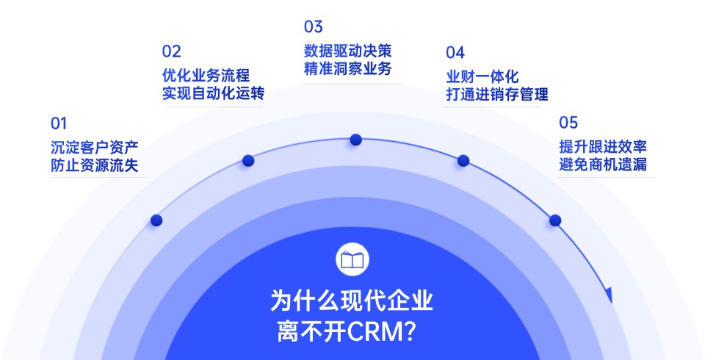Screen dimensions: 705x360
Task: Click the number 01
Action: point(59,123)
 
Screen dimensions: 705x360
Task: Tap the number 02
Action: point(171,51)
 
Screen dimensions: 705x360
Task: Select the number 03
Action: point(314,27)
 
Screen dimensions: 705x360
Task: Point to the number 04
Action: point(455,53)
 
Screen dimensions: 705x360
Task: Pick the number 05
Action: point(568,123)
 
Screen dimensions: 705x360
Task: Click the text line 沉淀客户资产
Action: point(95,147)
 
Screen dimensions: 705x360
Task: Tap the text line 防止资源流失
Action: point(95,165)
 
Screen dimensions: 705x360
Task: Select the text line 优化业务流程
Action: point(206,75)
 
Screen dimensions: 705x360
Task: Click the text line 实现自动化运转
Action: point(213,93)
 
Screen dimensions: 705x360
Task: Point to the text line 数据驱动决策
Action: point(348,51)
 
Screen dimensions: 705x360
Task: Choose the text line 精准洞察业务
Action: point(348,68)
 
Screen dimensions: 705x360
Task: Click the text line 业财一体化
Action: point(482,76)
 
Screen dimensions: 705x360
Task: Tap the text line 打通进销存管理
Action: point(497,94)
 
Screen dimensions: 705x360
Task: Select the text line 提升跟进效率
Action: point(603,146)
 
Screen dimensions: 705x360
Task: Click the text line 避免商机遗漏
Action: point(603,165)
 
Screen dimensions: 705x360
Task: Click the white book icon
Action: point(352,259)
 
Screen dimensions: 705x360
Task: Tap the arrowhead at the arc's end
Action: point(609,295)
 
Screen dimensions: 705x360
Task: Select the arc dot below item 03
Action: point(355,140)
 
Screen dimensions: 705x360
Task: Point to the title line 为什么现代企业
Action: point(352,300)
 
